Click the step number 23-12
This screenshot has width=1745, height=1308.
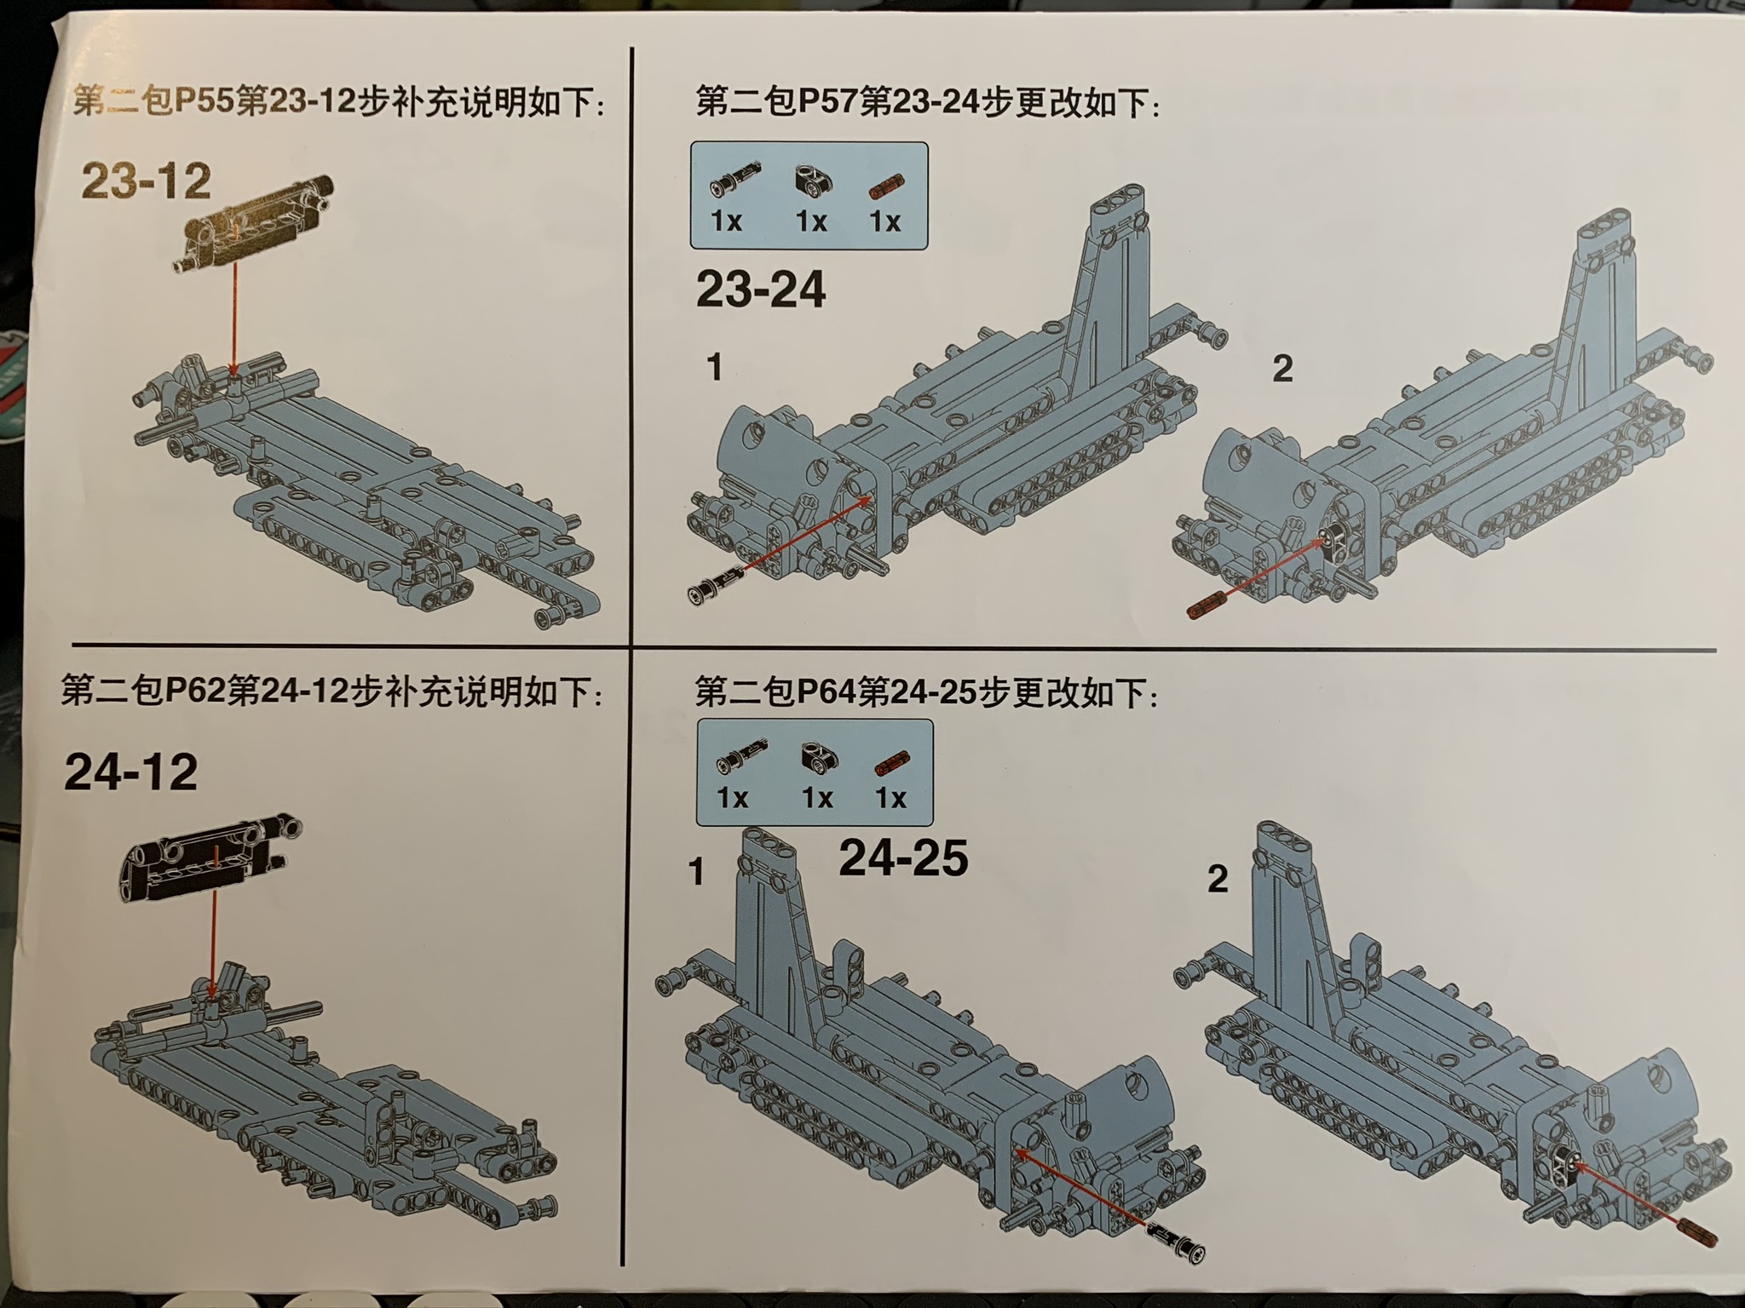147,181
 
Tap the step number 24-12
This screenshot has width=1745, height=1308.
130,772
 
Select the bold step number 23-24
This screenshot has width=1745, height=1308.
761,290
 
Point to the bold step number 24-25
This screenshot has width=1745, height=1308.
903,857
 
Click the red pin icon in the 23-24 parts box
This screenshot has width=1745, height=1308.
886,185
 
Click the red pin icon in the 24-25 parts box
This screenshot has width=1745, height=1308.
892,763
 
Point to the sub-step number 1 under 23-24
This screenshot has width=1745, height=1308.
714,368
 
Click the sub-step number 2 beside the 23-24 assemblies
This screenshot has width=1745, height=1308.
1282,369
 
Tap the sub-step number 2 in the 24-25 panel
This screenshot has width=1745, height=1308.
1218,878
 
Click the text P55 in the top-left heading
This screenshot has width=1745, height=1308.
204,102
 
